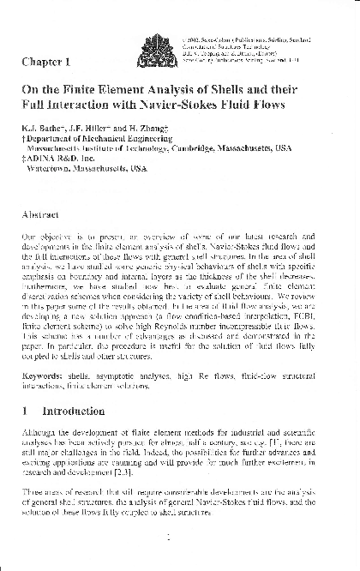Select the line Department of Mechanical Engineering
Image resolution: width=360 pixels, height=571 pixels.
93,139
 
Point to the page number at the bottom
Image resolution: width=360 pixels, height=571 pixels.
174,539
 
